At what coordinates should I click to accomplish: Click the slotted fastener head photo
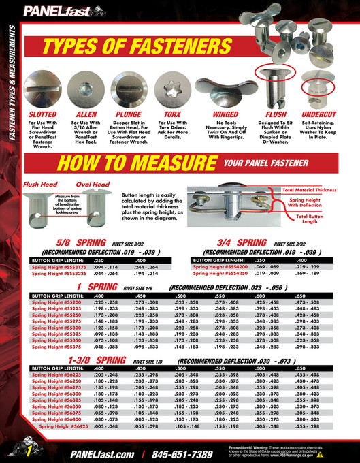[x=44, y=89]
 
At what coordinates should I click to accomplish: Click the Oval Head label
[x=91, y=184]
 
